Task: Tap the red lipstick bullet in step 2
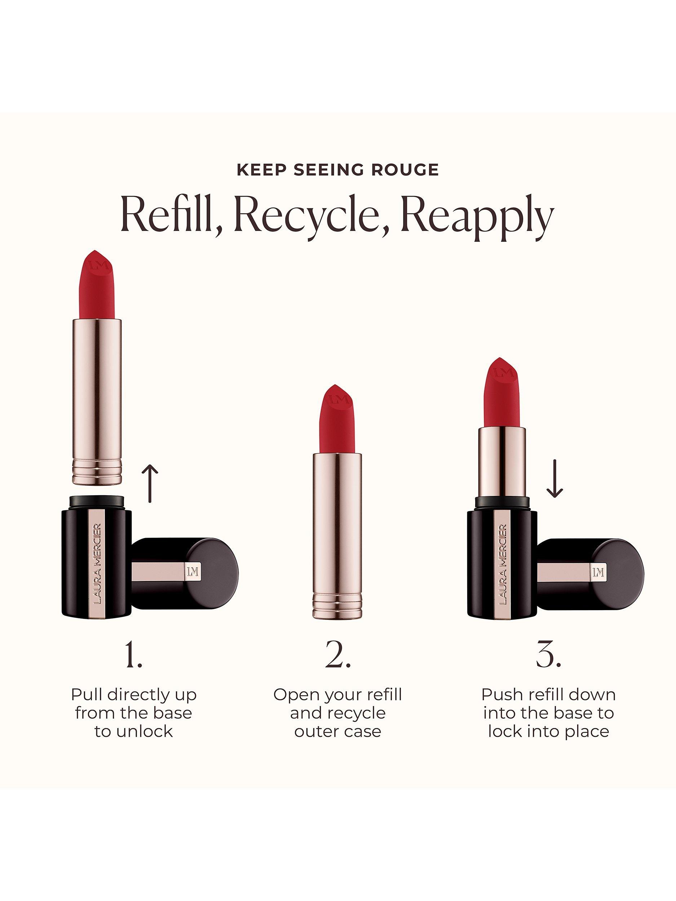click(337, 420)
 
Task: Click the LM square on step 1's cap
click(192, 572)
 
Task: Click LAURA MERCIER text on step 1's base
click(97, 564)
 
